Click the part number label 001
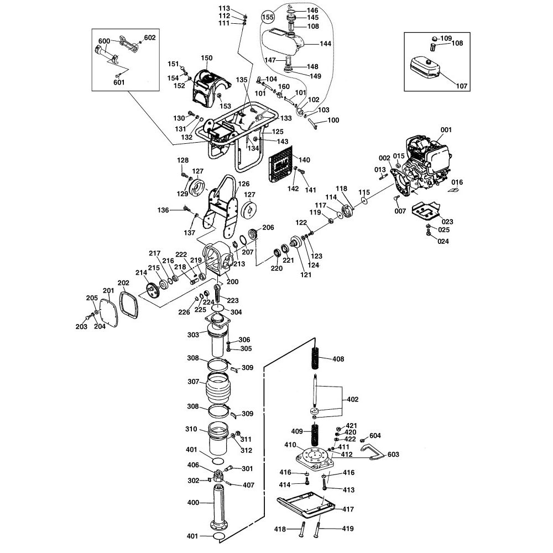446,130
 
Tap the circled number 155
268,17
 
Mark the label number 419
347,529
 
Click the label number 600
105,41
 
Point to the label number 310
191,429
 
